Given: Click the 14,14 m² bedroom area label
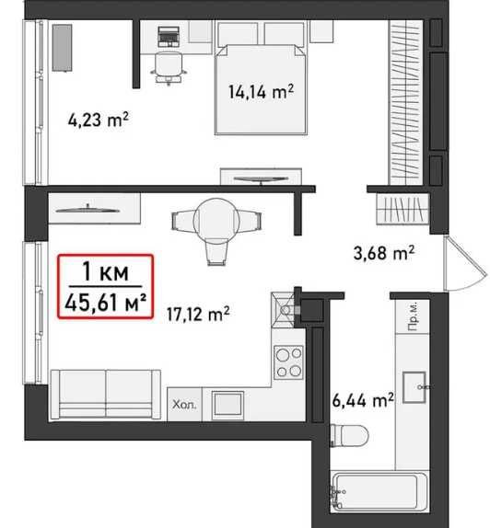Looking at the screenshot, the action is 261,92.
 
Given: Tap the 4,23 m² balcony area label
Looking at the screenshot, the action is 99,120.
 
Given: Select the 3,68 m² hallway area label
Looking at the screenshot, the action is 384,253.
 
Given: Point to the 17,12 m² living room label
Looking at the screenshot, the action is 198,314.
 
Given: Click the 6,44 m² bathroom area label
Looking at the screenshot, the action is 363,400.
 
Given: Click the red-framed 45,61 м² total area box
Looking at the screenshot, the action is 106,287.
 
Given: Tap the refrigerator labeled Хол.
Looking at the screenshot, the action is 184,404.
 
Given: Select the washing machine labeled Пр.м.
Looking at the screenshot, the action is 413,316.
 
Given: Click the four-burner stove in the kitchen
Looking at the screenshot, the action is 288,362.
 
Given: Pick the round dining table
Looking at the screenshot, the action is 216,222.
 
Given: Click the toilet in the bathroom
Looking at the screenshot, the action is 349,435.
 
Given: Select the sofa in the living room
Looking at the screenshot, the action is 106,395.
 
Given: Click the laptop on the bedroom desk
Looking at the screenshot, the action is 169,37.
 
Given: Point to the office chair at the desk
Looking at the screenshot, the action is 169,68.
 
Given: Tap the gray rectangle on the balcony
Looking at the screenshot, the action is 62,48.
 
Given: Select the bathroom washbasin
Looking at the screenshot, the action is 414,387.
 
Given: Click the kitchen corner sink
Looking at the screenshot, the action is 284,309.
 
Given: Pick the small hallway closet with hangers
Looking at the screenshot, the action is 402,209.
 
